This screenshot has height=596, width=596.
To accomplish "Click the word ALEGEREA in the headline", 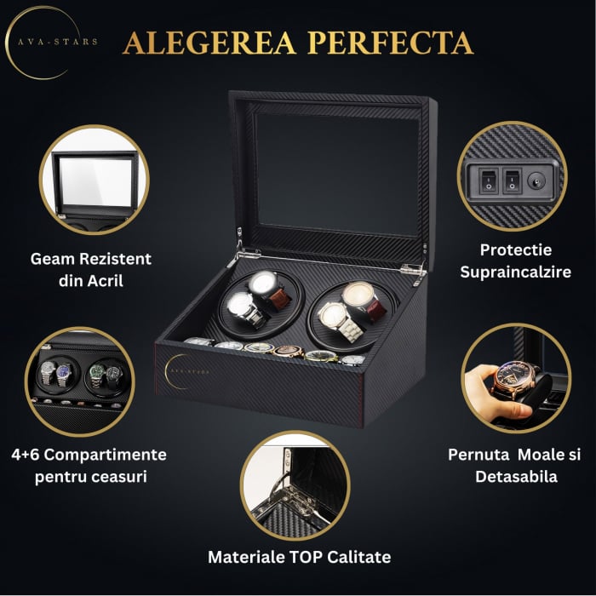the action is point(209,43).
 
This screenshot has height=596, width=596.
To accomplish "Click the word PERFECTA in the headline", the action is point(390,43).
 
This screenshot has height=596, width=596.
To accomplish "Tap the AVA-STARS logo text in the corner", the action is point(58,42).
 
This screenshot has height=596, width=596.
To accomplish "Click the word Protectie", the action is point(515,249).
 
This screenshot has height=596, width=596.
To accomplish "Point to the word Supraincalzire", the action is point(515,272).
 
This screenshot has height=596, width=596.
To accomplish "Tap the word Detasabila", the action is point(516,477).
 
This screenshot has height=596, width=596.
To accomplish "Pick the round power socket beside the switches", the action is point(536,181).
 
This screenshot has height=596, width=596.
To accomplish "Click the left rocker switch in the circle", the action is point(489,181).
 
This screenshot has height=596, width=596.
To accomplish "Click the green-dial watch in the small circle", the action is point(97,375).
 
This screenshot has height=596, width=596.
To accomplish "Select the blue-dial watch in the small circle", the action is point(64,374).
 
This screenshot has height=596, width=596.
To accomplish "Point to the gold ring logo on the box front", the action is point(175,371).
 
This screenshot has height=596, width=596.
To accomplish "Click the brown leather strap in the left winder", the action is point(280,299).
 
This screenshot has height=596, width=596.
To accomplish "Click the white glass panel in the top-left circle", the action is point(95,181).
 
